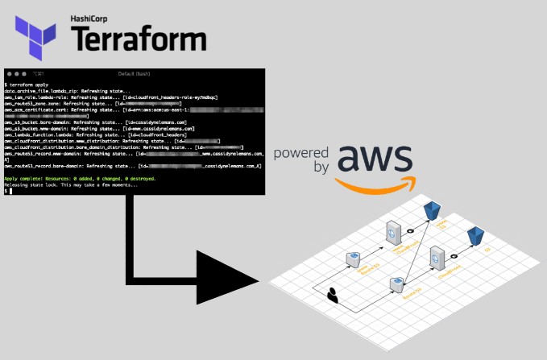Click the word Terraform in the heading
[x=136, y=37]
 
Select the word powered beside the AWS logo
[x=302, y=152]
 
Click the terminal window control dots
[x=19, y=74]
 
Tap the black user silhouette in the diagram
[x=332, y=296]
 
